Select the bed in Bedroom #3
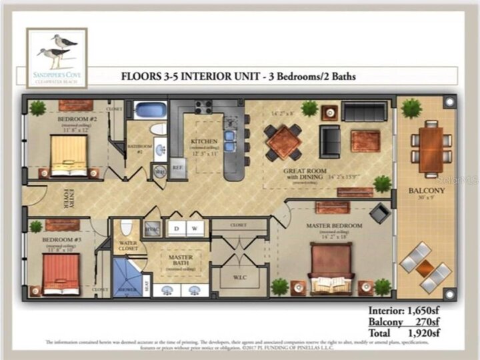[x=61, y=272]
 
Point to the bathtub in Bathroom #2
[x=150, y=109]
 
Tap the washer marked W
[x=195, y=228]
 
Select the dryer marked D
[x=176, y=228]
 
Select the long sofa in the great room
[x=364, y=111]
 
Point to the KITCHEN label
[x=205, y=141]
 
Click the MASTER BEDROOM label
[x=334, y=226]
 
